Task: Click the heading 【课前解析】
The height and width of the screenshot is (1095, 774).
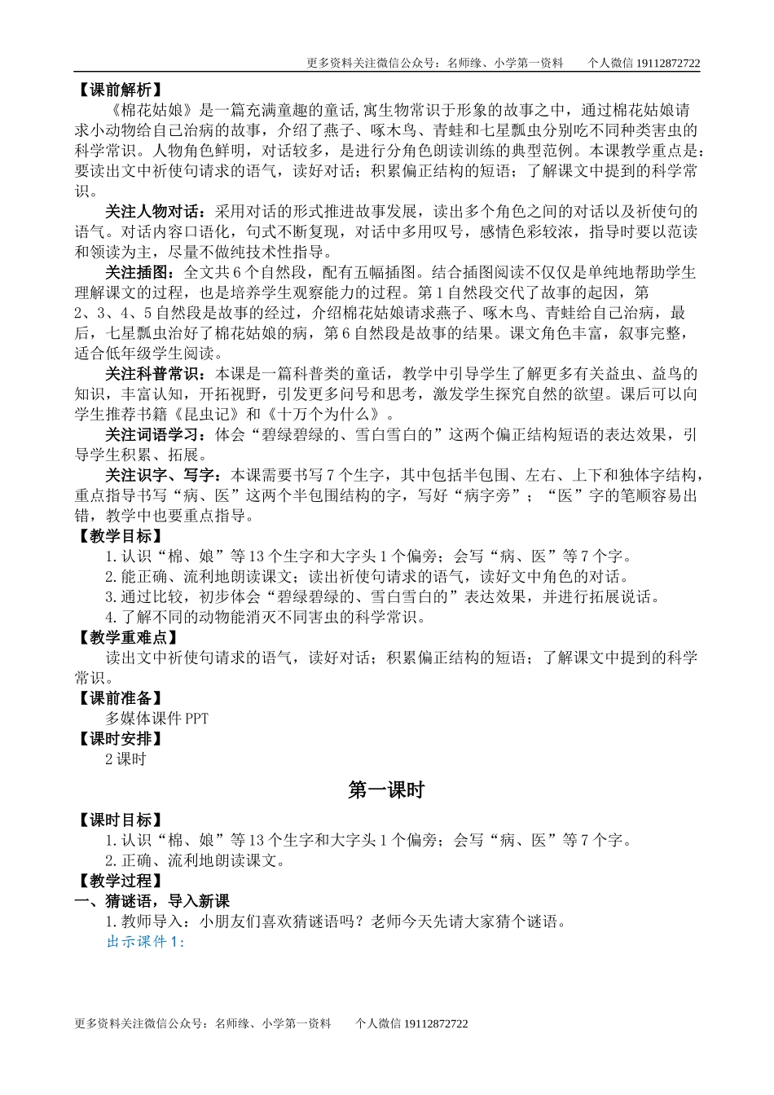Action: point(118,90)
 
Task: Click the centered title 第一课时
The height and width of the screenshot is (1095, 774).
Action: point(386,789)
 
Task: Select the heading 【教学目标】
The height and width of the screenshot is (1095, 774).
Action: point(118,536)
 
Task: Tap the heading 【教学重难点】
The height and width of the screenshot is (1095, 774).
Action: point(125,637)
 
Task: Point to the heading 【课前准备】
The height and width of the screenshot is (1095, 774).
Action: point(118,698)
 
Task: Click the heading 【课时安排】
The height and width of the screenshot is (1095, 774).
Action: point(118,739)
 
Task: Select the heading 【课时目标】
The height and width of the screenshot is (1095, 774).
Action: point(118,820)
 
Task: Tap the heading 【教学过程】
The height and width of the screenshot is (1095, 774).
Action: point(118,881)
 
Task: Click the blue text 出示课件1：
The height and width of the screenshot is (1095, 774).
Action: point(147,942)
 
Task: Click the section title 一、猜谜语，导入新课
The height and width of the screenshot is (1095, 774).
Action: point(152,901)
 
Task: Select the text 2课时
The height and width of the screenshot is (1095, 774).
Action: point(125,759)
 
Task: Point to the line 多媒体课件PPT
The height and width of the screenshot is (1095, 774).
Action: point(157,719)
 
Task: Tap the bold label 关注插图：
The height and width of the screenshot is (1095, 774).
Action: point(140,272)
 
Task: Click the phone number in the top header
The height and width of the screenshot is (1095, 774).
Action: point(666,63)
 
